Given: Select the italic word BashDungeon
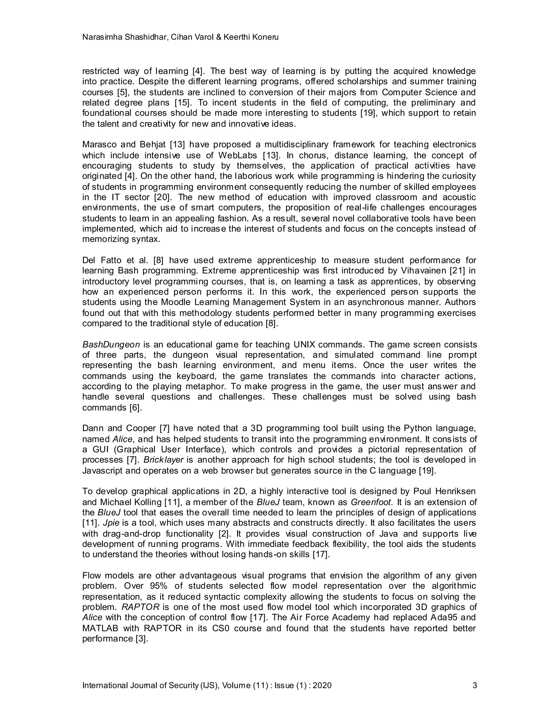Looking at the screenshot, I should (x=111, y=345).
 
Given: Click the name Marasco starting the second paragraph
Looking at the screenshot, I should (x=99, y=145).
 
